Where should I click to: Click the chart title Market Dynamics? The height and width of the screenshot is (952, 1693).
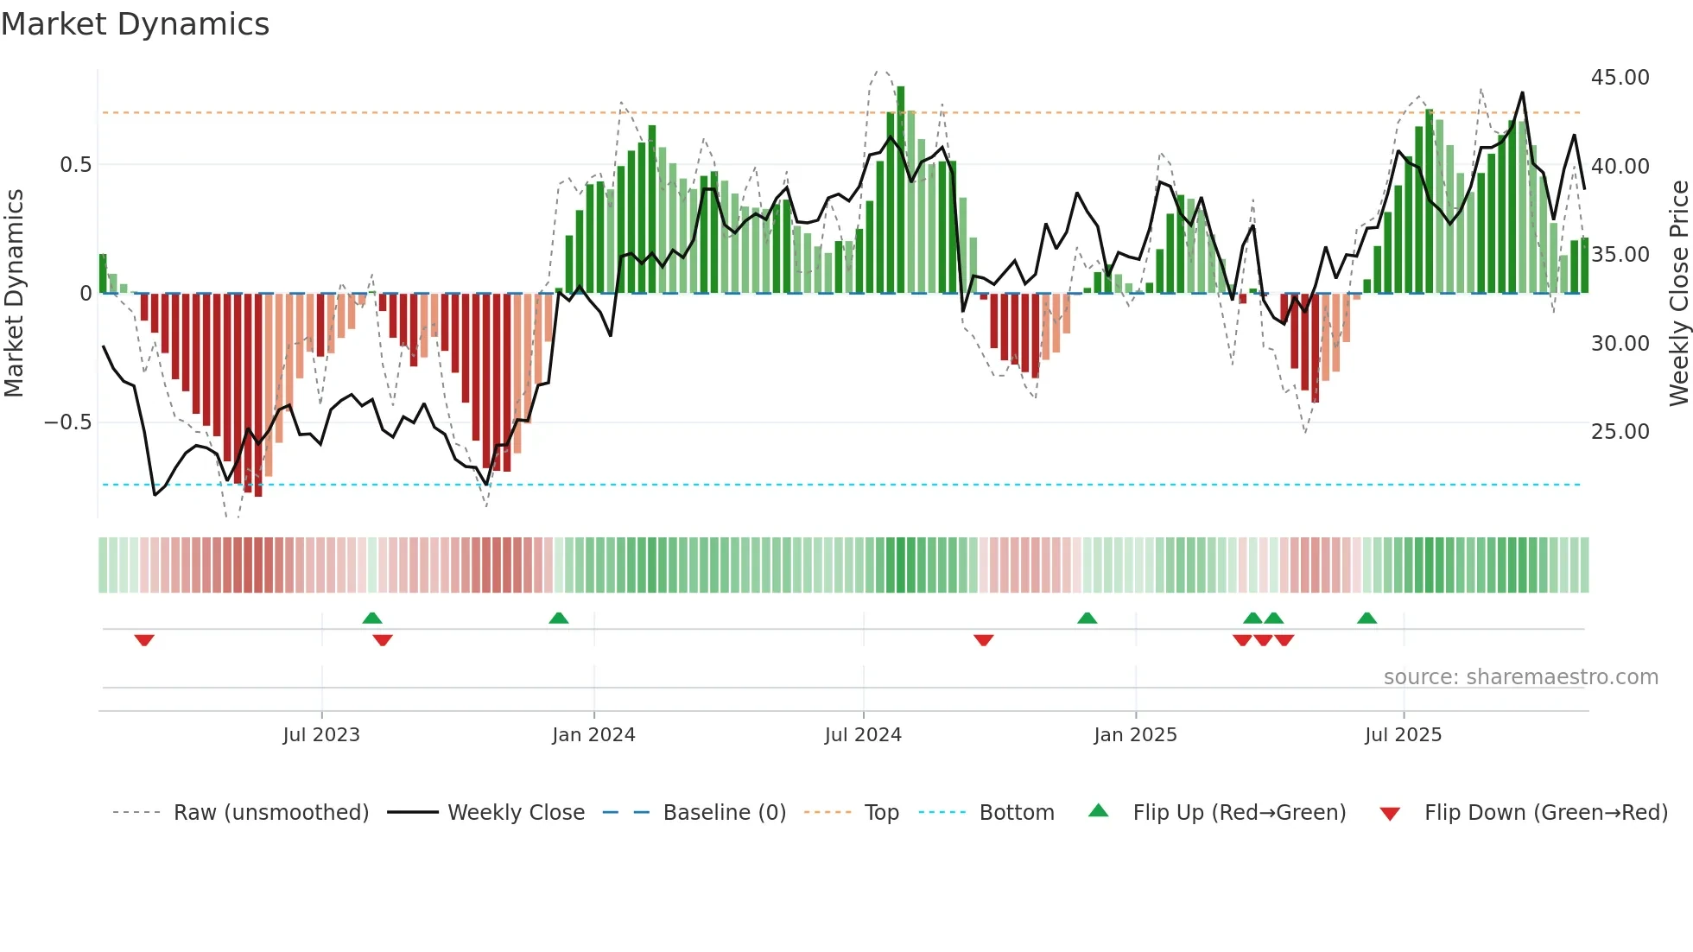[x=136, y=24]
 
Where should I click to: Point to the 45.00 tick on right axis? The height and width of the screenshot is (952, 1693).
[x=1620, y=78]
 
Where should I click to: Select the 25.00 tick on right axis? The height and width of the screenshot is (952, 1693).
[x=1620, y=432]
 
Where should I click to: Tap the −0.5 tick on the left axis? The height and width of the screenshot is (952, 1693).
[x=67, y=422]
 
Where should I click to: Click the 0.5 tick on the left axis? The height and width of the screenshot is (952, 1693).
[x=75, y=165]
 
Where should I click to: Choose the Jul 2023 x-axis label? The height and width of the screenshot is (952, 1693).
[x=321, y=735]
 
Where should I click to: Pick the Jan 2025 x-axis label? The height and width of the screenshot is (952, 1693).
[x=1135, y=735]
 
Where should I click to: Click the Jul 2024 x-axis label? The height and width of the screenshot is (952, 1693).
[x=863, y=735]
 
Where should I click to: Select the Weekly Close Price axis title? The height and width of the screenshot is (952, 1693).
[x=1678, y=294]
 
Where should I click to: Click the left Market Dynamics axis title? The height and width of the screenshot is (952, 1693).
[x=14, y=294]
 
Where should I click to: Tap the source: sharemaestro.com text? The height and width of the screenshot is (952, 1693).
[x=1520, y=677]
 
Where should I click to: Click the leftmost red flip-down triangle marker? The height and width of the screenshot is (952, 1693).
[x=144, y=640]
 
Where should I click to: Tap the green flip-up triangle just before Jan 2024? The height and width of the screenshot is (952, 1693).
[x=559, y=618]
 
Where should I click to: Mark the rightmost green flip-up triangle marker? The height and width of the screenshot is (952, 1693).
[x=1366, y=618]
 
